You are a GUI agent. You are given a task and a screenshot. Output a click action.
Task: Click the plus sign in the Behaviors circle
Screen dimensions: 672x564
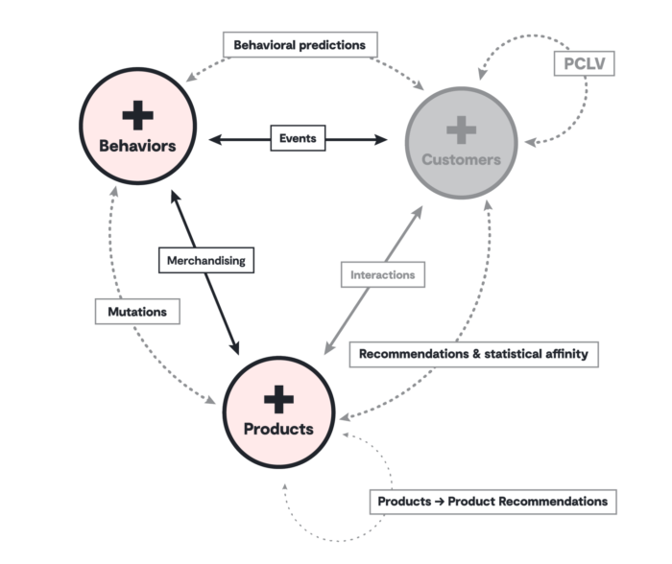point(137,115)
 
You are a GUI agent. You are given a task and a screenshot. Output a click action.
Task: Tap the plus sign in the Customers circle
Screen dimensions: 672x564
point(461,129)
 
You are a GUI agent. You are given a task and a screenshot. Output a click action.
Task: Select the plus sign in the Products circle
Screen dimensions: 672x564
point(278,399)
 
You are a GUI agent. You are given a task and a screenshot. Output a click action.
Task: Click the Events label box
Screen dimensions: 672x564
point(298,138)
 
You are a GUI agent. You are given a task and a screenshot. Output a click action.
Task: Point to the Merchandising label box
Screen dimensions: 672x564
point(206,260)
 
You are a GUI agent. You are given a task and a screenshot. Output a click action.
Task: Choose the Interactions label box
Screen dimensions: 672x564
point(383,274)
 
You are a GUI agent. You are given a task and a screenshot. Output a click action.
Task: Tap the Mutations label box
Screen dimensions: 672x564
point(137,312)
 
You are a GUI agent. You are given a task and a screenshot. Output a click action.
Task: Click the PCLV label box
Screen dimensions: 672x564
point(584,63)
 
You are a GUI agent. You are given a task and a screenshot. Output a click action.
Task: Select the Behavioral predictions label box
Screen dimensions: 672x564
point(300,44)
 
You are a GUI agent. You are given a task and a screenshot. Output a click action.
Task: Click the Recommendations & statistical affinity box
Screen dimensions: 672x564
point(473,354)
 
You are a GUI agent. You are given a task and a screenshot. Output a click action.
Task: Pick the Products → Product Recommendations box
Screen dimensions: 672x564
point(492,502)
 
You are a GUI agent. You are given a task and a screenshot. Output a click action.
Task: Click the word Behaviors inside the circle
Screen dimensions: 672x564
point(137,146)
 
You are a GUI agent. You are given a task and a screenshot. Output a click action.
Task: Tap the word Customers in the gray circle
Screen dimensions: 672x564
point(461,159)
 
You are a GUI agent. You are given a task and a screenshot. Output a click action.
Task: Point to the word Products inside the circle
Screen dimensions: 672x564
point(278,429)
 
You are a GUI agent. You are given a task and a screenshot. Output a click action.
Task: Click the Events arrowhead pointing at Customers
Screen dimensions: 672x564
point(380,139)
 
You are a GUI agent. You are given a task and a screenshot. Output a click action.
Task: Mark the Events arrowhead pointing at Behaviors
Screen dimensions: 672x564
point(215,139)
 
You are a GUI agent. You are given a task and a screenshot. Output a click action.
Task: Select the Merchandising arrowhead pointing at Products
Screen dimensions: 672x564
point(234,348)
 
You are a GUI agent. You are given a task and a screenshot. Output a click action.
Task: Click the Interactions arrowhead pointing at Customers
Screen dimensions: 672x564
point(418,212)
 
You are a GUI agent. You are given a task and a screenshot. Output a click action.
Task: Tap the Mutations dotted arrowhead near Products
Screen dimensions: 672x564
point(210,400)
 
